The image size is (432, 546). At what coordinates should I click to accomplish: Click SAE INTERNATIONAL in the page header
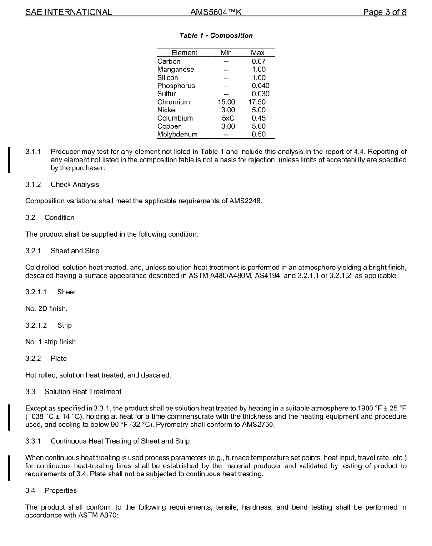[69, 12]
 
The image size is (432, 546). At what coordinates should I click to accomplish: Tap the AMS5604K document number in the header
[216, 12]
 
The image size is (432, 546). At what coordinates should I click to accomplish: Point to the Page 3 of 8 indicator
[384, 12]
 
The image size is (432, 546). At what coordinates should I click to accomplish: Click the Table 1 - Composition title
[216, 35]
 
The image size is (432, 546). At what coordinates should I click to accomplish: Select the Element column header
[184, 53]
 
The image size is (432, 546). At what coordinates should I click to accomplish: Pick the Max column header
[257, 53]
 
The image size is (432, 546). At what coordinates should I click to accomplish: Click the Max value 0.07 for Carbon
[258, 61]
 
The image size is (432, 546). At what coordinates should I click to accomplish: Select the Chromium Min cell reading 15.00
[226, 102]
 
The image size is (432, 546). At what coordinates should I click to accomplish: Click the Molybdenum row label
[177, 135]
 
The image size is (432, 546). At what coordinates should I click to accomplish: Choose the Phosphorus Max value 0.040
[260, 86]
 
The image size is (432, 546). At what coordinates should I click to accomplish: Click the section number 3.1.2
[33, 184]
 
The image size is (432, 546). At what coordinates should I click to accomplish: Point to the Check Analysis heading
[75, 184]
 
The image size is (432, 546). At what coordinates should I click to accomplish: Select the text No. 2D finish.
[46, 308]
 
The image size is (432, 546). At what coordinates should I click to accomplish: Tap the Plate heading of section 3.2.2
[59, 359]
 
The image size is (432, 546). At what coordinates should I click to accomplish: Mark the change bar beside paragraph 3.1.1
[8, 159]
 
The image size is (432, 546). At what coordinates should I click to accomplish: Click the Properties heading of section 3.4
[60, 490]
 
